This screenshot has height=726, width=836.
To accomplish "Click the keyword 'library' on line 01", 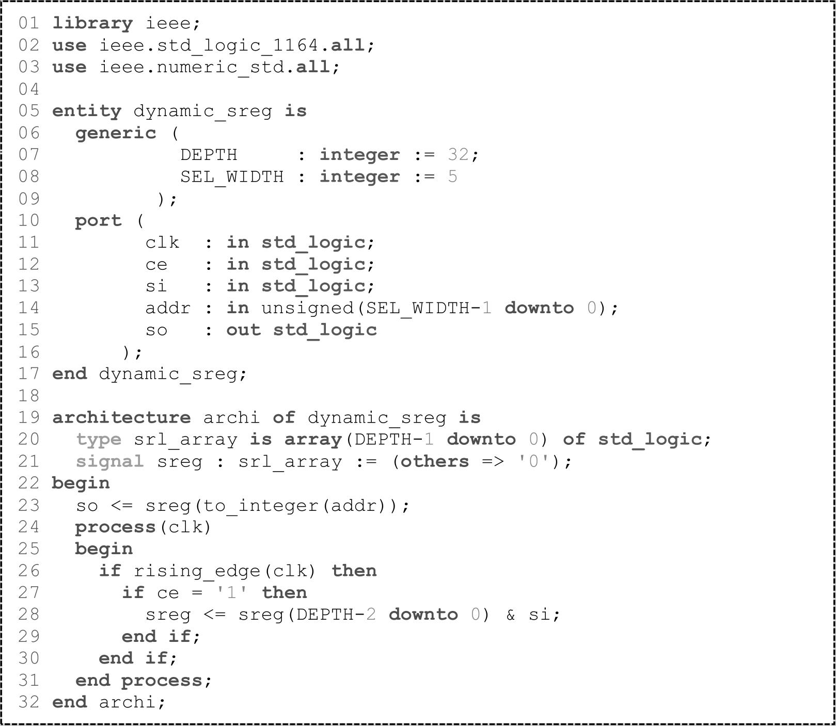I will pyautogui.click(x=92, y=24).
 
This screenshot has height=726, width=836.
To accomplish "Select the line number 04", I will pyautogui.click(x=29, y=89).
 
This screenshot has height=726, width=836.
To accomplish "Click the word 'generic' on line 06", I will pyautogui.click(x=116, y=133).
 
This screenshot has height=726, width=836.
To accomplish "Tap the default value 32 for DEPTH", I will pyautogui.click(x=458, y=155).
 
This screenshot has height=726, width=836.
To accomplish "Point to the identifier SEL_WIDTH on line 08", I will pyautogui.click(x=232, y=177).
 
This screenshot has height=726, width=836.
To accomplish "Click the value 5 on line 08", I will pyautogui.click(x=453, y=177).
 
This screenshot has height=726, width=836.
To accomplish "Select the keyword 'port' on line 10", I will pyautogui.click(x=98, y=221).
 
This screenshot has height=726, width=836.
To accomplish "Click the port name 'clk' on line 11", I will pyautogui.click(x=162, y=243).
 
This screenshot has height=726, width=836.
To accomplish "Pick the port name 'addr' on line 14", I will pyautogui.click(x=168, y=308).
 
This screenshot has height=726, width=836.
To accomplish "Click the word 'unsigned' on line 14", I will pyautogui.click(x=307, y=308).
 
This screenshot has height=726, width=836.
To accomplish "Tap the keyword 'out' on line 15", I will pyautogui.click(x=243, y=330).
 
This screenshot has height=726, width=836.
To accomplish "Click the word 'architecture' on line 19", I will pyautogui.click(x=121, y=417).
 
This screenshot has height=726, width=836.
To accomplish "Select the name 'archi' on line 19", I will pyautogui.click(x=231, y=417).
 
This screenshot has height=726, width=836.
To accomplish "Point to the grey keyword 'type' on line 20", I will pyautogui.click(x=99, y=440).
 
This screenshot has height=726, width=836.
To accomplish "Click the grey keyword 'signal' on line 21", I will pyautogui.click(x=110, y=461).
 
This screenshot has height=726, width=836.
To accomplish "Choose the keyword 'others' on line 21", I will pyautogui.click(x=435, y=461).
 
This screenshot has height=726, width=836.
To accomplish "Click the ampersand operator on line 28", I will pyautogui.click(x=510, y=615).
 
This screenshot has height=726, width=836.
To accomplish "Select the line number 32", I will pyautogui.click(x=29, y=702).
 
